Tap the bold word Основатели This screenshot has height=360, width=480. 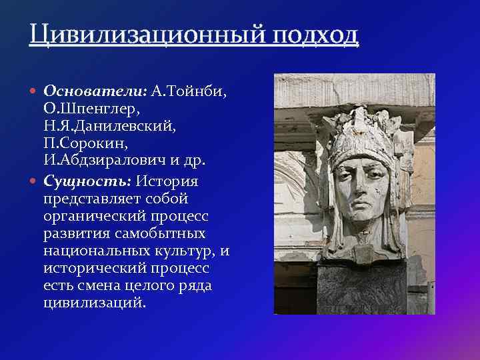pos(95,90)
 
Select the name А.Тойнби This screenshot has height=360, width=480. pos(189,90)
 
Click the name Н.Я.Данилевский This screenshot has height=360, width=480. pos(109,126)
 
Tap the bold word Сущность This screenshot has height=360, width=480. pos(87,181)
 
